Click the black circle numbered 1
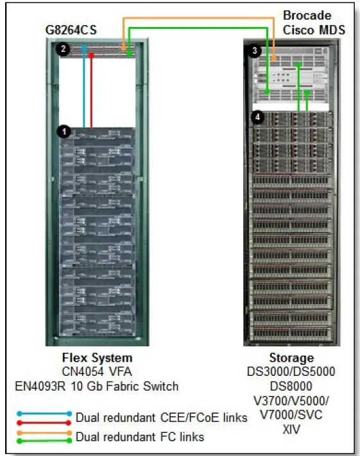click(63, 131)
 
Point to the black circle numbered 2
click(63, 49)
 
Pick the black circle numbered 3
click(255, 49)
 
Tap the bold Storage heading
click(291, 358)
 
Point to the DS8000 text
click(291, 386)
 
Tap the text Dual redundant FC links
click(140, 437)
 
